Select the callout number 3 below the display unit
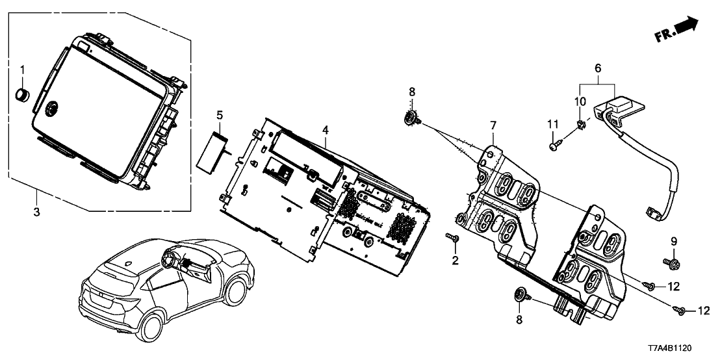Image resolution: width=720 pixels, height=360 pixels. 36,212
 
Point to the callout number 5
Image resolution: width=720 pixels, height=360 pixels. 220,116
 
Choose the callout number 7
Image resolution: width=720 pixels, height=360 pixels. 493,123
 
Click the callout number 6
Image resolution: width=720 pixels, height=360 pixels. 598,67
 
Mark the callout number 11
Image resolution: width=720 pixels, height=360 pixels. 552,124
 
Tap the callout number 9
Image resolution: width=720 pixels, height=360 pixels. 674,241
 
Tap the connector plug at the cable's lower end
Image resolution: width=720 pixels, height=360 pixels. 652,212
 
